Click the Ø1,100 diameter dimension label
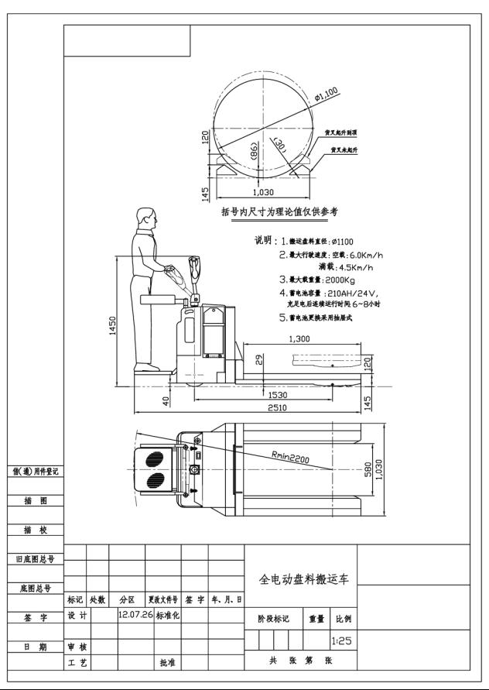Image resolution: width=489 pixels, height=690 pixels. point(327,95)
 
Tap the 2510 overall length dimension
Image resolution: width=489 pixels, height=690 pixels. point(271,409)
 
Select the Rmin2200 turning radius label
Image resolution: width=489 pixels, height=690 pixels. point(290,458)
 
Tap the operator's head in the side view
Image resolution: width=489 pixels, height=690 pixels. point(144,218)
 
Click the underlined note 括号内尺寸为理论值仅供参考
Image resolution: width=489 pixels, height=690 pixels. point(279,211)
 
